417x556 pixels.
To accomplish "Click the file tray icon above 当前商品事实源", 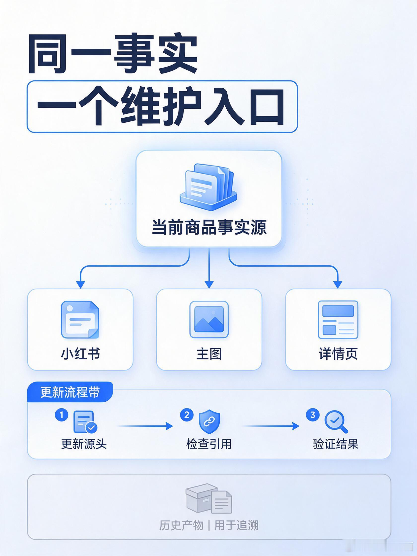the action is pos(208,187).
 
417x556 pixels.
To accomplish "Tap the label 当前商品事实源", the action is pos(209,227).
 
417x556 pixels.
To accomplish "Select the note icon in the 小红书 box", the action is pos(80,320).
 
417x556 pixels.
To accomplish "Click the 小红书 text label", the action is pos(80,354).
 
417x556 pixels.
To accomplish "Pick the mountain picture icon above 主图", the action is pos(209,319).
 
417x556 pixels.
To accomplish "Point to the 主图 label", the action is pos(209,354).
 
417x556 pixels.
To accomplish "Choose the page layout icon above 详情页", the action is pos(338,320).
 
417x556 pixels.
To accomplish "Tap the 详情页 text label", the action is pos(338,354).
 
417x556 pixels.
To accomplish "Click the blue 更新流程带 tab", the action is pos(70,392).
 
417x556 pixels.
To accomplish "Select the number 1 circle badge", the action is pos(62,415).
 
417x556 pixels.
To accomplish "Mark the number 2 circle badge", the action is pos(187,415).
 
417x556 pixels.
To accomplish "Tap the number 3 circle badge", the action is pos(313,415).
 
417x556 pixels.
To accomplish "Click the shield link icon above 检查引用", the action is pos(209,421).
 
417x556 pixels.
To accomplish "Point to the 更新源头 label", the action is pos(84,444).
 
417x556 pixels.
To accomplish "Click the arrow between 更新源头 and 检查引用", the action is pos(145,426).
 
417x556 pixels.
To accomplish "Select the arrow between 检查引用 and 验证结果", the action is pos(271,426).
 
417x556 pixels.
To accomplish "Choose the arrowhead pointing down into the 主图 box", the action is pos(209,284).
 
